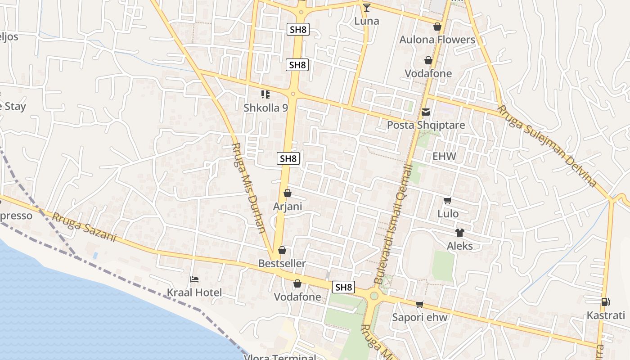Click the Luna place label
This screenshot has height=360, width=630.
click(x=367, y=21)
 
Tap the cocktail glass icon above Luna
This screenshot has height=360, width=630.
click(x=367, y=7)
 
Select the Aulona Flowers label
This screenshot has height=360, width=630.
click(x=437, y=40)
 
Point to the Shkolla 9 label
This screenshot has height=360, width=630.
click(x=265, y=108)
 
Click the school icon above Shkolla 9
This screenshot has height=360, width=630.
click(x=265, y=94)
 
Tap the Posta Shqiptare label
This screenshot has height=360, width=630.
click(x=426, y=125)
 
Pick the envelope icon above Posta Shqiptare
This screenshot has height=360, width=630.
click(x=426, y=112)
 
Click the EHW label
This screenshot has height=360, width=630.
click(x=444, y=157)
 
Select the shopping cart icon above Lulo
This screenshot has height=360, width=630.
click(x=448, y=201)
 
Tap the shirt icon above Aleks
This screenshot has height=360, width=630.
click(x=459, y=233)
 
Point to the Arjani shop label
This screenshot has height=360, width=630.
click(x=288, y=207)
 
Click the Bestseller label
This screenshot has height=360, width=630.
click(x=282, y=264)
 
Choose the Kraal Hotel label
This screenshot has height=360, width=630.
click(x=194, y=292)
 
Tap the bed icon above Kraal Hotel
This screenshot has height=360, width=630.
click(x=194, y=279)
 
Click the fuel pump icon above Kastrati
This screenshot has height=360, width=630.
click(x=606, y=302)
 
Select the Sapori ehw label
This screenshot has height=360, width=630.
click(x=419, y=317)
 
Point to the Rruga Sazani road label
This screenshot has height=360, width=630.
click(x=84, y=227)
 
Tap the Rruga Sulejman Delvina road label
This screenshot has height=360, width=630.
click(x=547, y=146)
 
